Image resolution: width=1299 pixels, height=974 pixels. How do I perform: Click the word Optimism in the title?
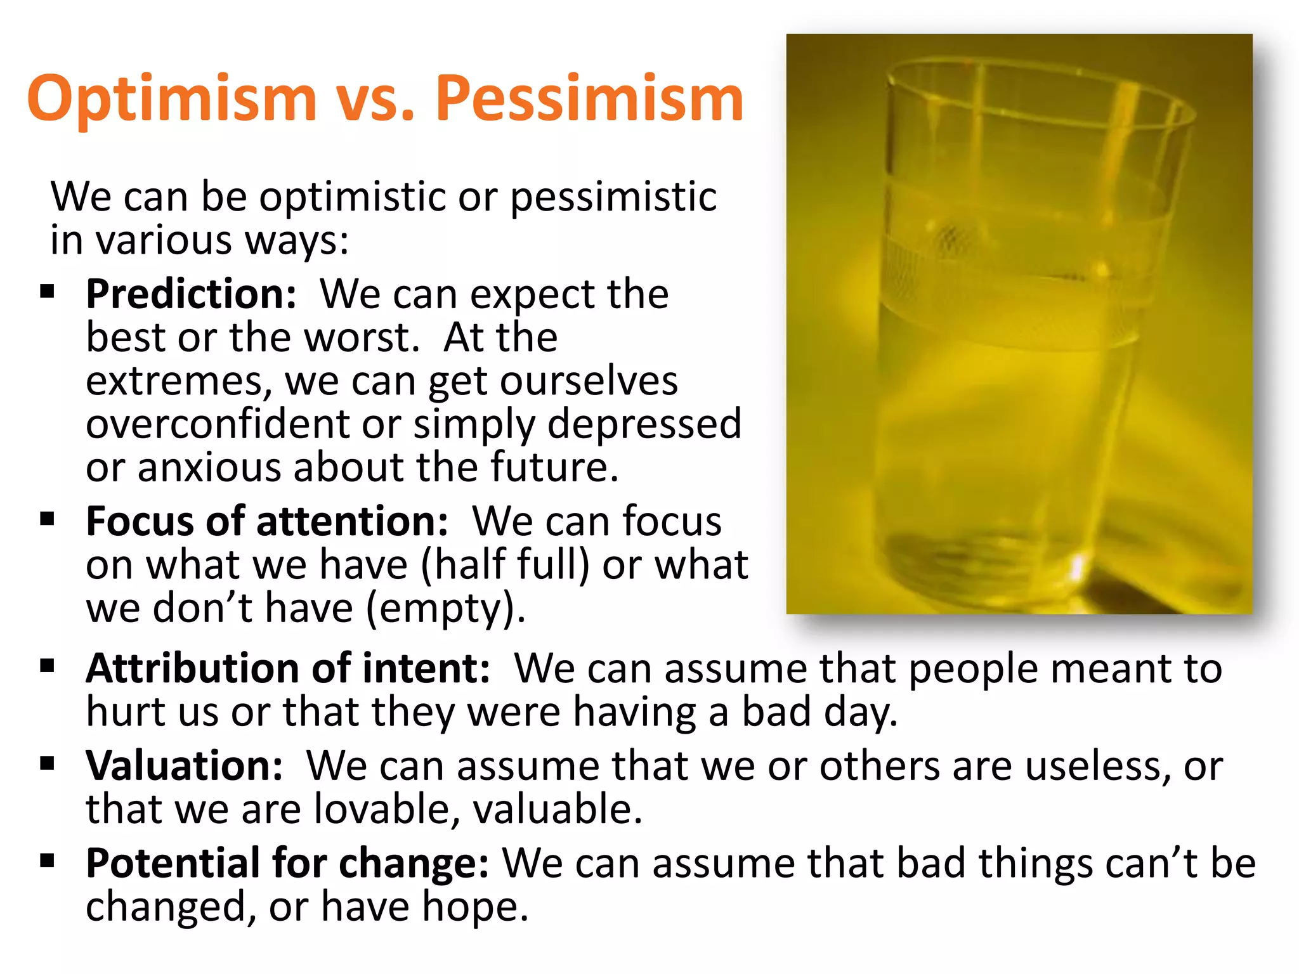[x=171, y=98]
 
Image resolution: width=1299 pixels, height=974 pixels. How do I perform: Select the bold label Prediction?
[x=191, y=294]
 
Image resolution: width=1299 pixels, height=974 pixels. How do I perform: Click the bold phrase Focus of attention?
[x=267, y=521]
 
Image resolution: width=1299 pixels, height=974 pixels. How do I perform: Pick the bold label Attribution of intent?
[x=288, y=668]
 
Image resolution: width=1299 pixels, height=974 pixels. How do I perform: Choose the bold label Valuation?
[x=184, y=766]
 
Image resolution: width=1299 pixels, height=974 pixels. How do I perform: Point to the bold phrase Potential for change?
[x=287, y=864]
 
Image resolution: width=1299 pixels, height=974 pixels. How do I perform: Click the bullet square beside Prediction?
[x=47, y=292]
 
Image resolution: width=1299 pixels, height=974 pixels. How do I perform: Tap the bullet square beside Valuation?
[x=47, y=763]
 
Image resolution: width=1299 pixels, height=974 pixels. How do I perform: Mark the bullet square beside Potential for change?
[x=47, y=861]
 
